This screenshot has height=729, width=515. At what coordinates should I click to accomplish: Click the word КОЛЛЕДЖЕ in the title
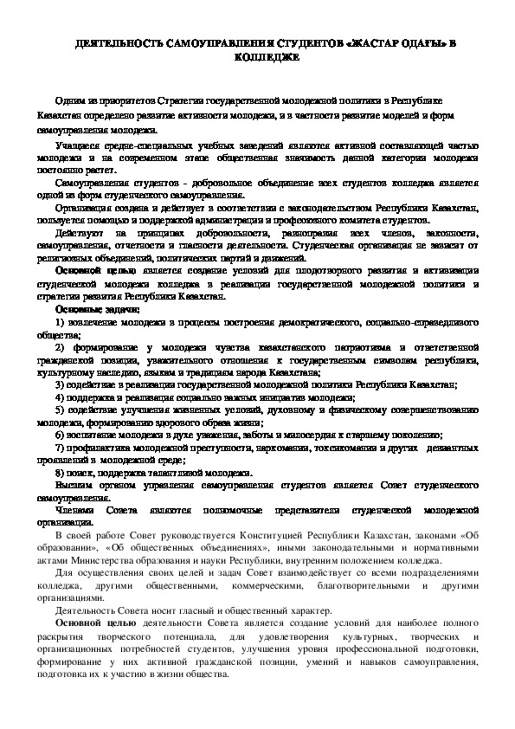[257, 58]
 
